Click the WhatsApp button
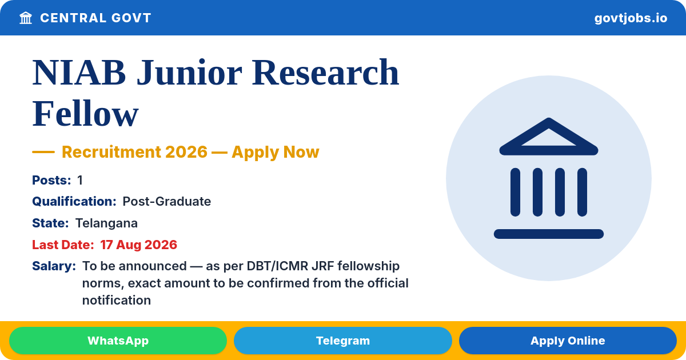click(118, 341)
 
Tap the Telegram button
click(342, 341)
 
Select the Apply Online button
click(568, 341)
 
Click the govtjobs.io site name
click(631, 18)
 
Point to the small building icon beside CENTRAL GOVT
click(26, 18)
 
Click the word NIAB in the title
click(79, 73)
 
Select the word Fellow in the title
click(85, 114)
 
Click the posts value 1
click(80, 181)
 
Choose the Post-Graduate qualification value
click(166, 201)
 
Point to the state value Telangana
click(106, 223)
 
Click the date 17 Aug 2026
click(138, 245)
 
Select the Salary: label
click(54, 266)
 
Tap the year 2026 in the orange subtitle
click(186, 152)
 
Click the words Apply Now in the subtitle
click(276, 152)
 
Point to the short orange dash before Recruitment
click(43, 152)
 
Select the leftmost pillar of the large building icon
click(515, 192)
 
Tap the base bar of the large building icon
click(549, 234)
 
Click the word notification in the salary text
click(117, 301)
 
